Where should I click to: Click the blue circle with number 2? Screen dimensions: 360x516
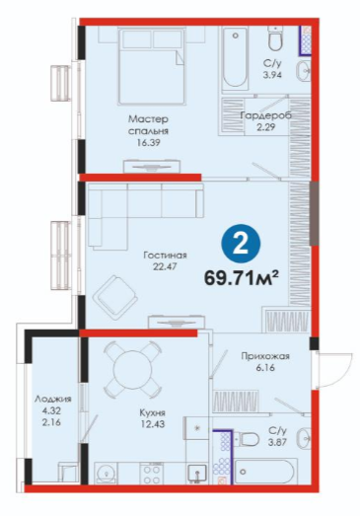[241, 245]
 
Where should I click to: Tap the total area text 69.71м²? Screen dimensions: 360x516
[242, 278]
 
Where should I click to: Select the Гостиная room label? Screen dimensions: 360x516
[165, 256]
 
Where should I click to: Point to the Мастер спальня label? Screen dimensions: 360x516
[148, 124]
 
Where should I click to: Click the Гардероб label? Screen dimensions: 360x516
[266, 115]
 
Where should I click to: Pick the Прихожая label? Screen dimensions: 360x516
[265, 356]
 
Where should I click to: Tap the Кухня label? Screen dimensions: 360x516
[152, 412]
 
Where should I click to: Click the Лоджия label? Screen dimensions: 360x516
[52, 399]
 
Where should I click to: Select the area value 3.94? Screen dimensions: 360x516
[272, 75]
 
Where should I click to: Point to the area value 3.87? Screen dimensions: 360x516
[277, 442]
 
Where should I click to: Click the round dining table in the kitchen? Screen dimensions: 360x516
[132, 369]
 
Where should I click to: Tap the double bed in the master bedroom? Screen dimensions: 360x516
[151, 66]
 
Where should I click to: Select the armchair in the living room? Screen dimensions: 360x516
[114, 298]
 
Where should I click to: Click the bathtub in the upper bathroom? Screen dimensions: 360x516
[235, 58]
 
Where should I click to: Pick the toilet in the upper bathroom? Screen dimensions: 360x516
[275, 38]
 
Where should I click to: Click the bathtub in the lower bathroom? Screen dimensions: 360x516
[264, 472]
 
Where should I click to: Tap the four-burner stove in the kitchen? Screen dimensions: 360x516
[151, 474]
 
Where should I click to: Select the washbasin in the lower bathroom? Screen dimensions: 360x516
[305, 438]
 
